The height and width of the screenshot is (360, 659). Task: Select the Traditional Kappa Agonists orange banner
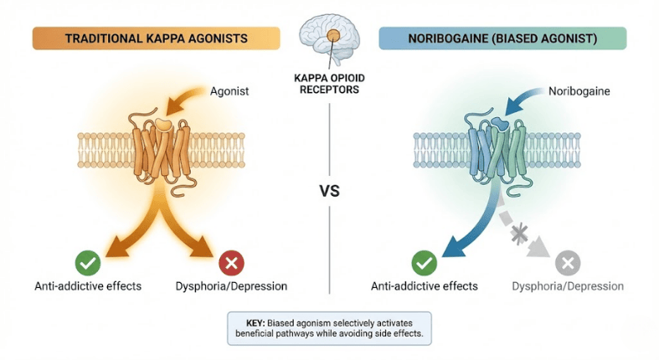tap(156, 38)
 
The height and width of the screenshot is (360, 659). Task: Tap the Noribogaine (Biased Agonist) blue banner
tap(502, 38)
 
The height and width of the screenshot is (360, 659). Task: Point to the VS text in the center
tap(330, 191)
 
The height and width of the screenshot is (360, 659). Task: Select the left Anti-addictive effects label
tap(88, 286)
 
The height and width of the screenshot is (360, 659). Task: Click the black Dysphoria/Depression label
tap(231, 286)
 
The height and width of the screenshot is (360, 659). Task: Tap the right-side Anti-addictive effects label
tap(425, 286)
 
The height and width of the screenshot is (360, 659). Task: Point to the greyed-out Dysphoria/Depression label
tap(568, 286)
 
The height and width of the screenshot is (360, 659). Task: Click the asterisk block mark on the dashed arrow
tap(520, 234)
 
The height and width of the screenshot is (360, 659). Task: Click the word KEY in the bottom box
tap(249, 321)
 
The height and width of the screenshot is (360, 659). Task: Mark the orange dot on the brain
tap(332, 36)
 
